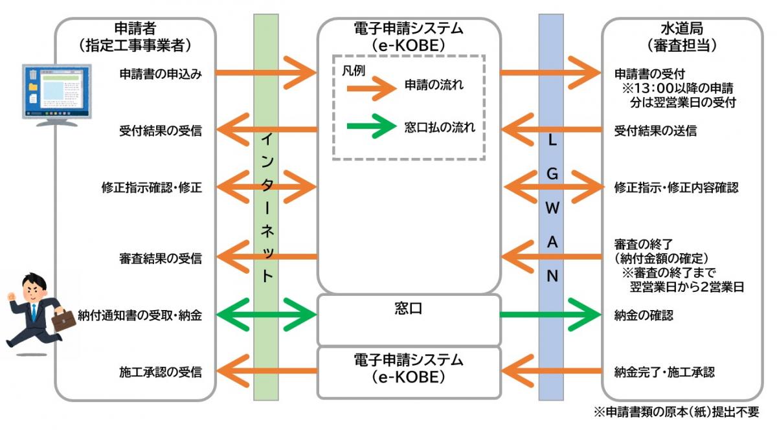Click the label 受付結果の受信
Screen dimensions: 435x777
pos(161,131)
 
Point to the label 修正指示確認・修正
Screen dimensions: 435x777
pos(152,188)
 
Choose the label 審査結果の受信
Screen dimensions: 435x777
pos(161,258)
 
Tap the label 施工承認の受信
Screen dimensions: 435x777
pos(161,372)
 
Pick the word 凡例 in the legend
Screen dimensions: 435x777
pos(354,70)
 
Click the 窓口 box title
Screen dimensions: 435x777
pos(408,309)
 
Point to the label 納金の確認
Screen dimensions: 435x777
pos(644,316)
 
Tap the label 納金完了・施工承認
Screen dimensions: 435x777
pos(664,372)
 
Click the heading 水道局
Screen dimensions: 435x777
pos(681,30)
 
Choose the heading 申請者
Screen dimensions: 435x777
pos(135,30)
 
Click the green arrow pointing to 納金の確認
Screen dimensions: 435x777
pos(550,316)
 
